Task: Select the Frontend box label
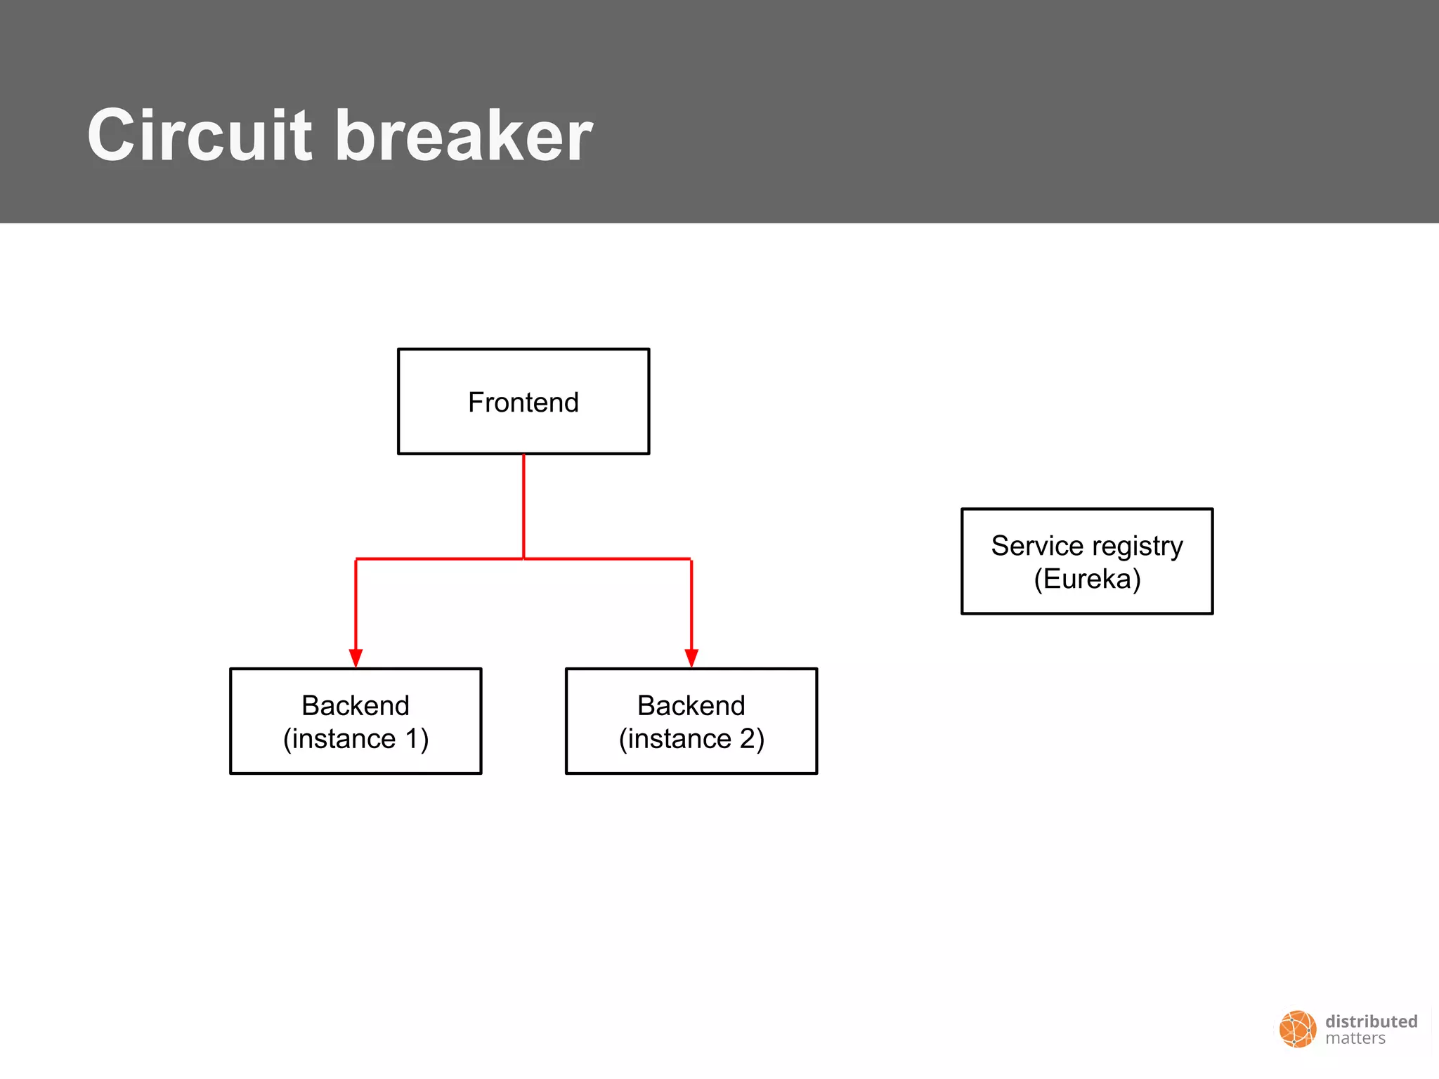[x=523, y=403]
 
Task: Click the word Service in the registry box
[x=1037, y=546]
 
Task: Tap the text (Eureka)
[x=1087, y=579]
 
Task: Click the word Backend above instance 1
[x=356, y=705]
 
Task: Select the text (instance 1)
[x=356, y=739]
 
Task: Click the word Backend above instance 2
[x=691, y=705]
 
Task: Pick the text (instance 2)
[x=691, y=739]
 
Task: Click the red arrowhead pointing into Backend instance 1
[x=356, y=658]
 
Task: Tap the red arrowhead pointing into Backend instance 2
[x=691, y=658]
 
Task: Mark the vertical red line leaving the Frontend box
[x=523, y=506]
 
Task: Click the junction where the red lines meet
[x=523, y=558]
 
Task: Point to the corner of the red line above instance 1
[x=356, y=559]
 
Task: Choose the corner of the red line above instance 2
[x=691, y=559]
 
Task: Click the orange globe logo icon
[x=1297, y=1029]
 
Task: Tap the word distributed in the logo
[x=1371, y=1021]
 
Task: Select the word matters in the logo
[x=1355, y=1038]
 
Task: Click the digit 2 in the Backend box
[x=748, y=739]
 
